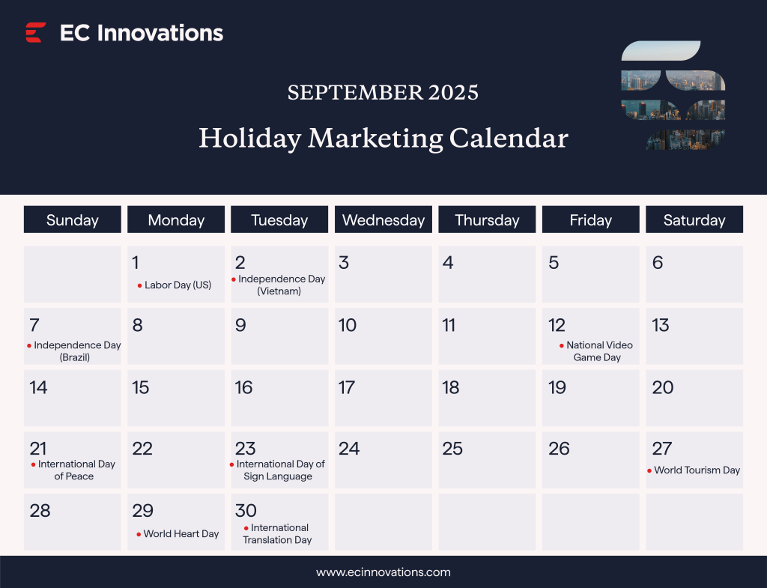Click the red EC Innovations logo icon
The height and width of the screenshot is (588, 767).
tap(35, 32)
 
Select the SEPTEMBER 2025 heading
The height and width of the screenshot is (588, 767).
tap(383, 92)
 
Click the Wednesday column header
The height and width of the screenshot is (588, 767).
tap(383, 220)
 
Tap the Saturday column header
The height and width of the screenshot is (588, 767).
tap(694, 220)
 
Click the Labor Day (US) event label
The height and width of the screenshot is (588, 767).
tap(178, 285)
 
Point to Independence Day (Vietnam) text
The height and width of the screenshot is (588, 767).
tap(281, 285)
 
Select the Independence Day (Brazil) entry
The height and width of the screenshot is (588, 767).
tap(76, 351)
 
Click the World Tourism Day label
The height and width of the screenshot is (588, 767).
tap(697, 470)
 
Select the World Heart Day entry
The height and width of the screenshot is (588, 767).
tap(181, 534)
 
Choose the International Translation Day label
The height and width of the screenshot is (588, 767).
tap(278, 533)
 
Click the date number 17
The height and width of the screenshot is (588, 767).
tap(347, 387)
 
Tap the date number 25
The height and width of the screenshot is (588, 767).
tap(452, 449)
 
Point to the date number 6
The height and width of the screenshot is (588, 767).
tap(658, 263)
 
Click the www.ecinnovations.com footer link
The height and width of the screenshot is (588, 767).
tap(383, 572)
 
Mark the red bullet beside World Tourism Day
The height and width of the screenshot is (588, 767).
tap(649, 470)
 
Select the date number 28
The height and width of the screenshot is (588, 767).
tap(40, 511)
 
